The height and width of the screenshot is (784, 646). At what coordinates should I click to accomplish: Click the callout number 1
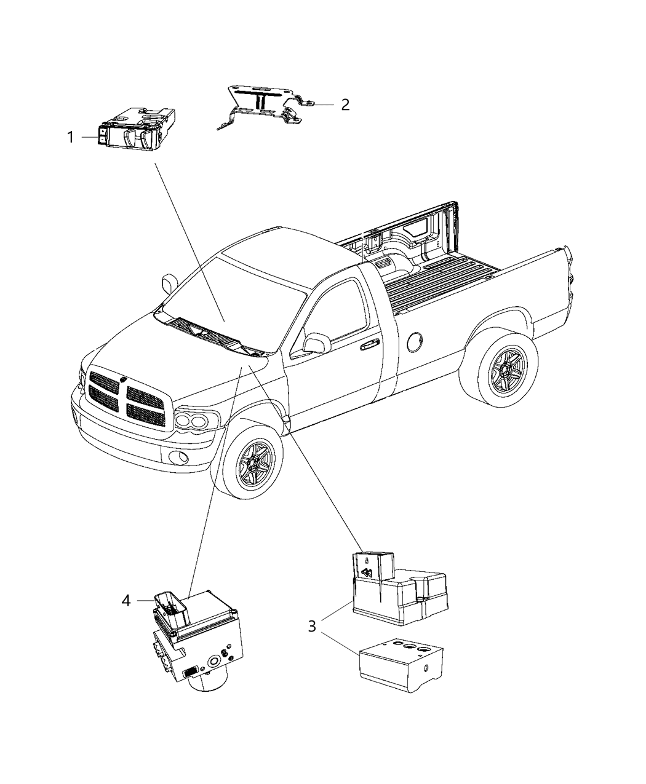coord(71,137)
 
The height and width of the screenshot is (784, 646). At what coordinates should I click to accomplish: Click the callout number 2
coord(345,105)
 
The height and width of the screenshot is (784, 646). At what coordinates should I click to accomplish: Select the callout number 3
coord(313,627)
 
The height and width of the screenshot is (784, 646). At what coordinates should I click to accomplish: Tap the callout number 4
coord(126,600)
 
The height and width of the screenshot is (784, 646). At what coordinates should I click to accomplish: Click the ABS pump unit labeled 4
coord(194,643)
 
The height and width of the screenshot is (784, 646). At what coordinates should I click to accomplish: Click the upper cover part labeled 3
coord(397,587)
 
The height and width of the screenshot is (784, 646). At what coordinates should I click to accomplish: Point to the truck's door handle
coord(369,346)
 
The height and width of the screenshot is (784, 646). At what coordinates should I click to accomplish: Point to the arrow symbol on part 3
coord(368,574)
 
